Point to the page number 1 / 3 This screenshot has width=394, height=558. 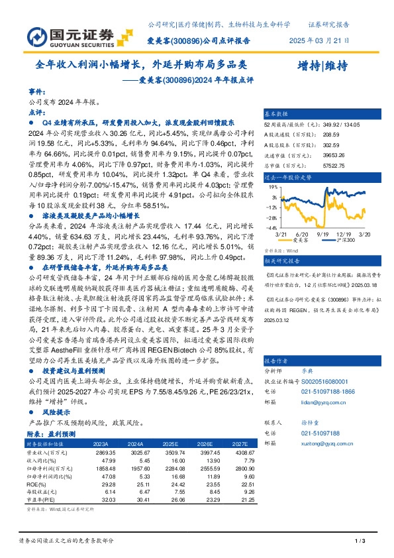click(x=361, y=541)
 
